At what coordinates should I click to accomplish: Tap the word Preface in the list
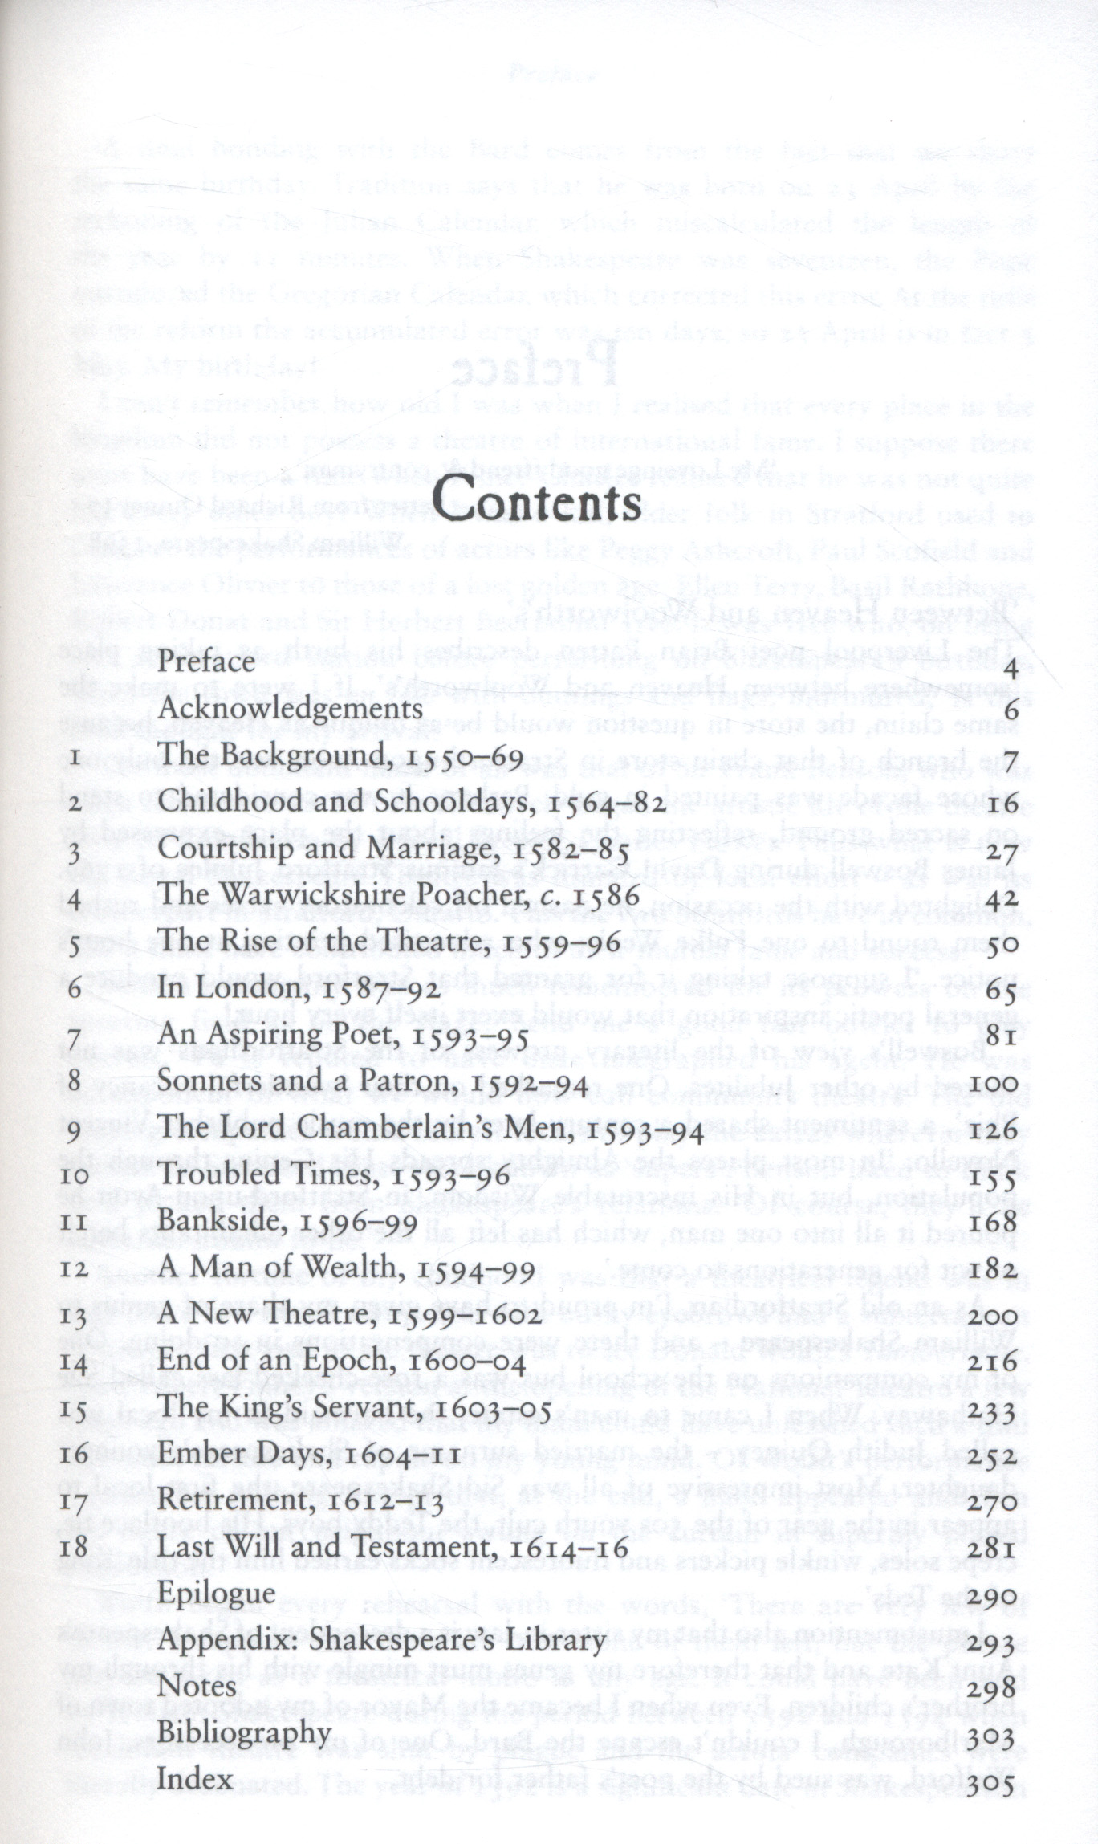[206, 661]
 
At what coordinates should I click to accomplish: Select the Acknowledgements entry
[290, 709]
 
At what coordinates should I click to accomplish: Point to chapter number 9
[75, 1133]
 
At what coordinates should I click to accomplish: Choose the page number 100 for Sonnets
[993, 1085]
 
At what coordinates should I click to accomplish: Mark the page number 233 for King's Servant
[993, 1411]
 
